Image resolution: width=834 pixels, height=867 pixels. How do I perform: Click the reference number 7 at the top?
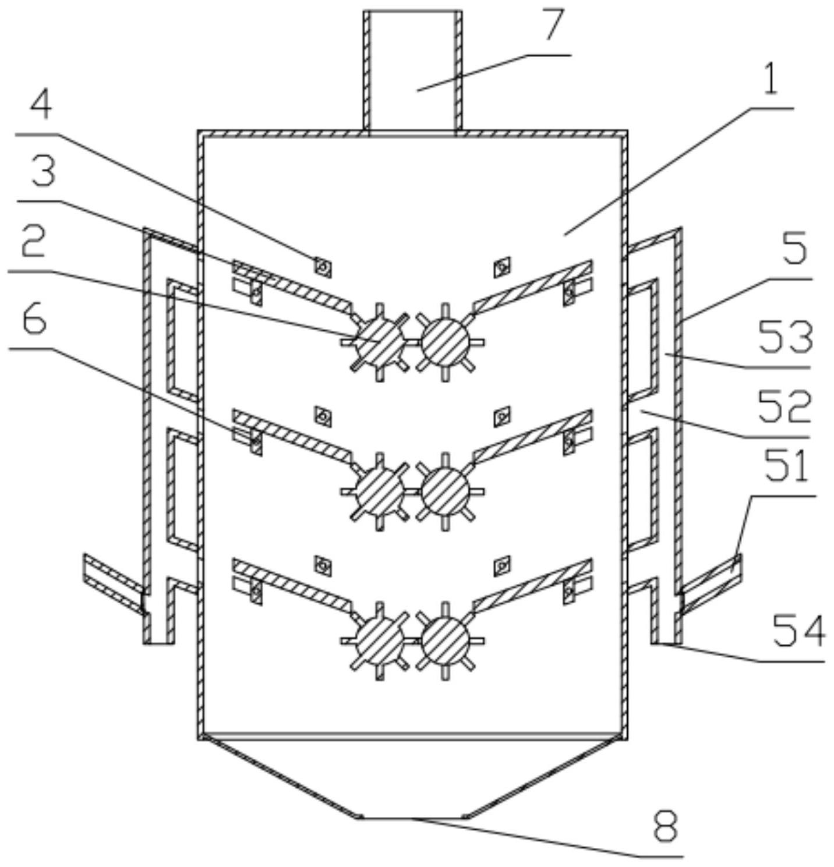[x=554, y=26]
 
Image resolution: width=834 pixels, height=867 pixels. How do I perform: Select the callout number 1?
[x=771, y=80]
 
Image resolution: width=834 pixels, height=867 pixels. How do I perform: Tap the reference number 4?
[x=41, y=105]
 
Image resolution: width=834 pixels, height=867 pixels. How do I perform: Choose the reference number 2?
[x=33, y=243]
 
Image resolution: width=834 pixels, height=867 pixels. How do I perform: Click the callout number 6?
[x=34, y=321]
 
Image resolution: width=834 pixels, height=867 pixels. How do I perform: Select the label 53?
[x=786, y=338]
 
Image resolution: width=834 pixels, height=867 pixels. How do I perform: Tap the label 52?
[x=784, y=406]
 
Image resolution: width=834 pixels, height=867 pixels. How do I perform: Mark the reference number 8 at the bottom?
[x=666, y=827]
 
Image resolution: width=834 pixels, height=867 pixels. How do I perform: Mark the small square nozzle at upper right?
[x=502, y=268]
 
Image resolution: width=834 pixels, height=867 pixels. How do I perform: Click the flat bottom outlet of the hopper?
[x=412, y=818]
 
